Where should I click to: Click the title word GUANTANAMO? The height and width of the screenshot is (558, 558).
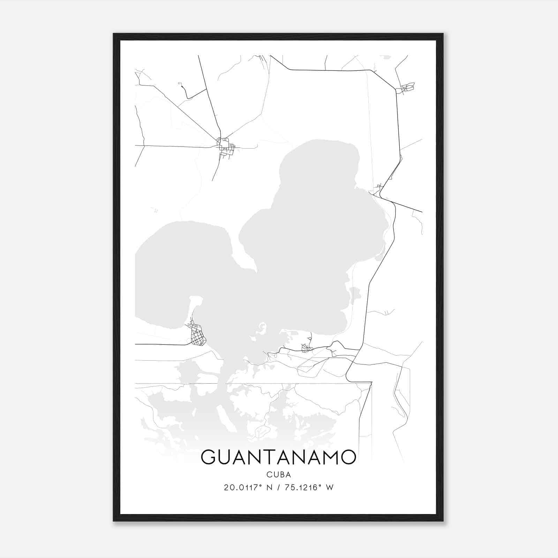tap(278, 457)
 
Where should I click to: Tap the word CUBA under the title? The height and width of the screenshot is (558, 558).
tap(279, 475)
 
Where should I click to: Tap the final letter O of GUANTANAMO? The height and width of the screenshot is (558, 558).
tap(348, 457)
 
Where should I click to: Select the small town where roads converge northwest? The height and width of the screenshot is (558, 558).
tap(224, 146)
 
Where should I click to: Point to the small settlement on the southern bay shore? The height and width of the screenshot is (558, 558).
tap(306, 347)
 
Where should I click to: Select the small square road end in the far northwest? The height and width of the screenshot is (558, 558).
tap(180, 83)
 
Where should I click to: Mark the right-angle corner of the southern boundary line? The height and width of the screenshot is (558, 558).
tap(371, 384)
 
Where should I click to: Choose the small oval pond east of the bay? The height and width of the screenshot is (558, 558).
tap(355, 292)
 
